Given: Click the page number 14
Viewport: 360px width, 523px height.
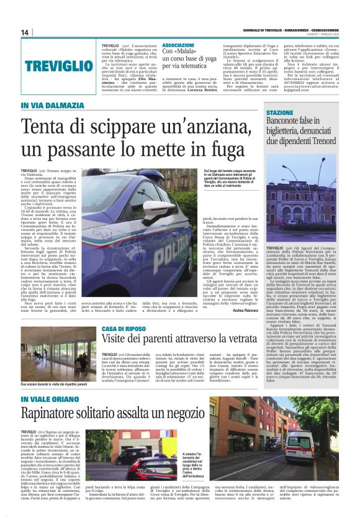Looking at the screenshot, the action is click(x=25, y=32).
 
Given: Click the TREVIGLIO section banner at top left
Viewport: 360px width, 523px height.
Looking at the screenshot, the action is click(x=59, y=65).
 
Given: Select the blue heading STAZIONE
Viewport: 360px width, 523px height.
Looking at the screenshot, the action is click(x=279, y=112).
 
